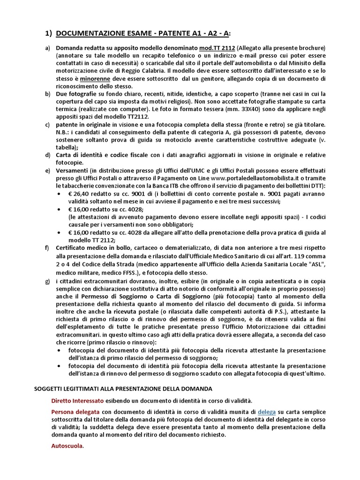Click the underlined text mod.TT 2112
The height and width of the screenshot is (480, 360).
click(x=217, y=48)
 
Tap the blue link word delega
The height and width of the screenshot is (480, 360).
click(x=268, y=412)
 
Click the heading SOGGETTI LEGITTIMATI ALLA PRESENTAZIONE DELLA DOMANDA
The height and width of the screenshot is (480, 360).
click(x=124, y=389)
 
